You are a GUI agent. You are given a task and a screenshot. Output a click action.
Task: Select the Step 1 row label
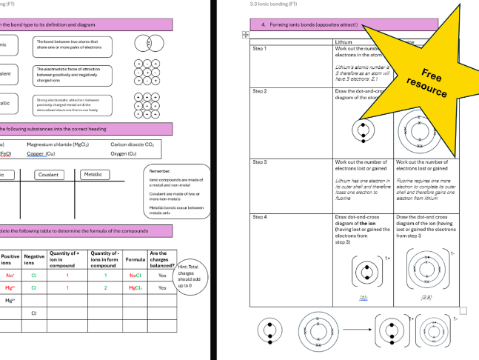[x=259, y=49]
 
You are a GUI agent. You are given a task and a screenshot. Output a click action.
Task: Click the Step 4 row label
[x=259, y=217]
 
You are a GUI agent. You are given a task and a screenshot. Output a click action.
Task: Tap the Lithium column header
[x=344, y=42]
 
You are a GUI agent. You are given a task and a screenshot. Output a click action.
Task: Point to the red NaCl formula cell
[x=135, y=275]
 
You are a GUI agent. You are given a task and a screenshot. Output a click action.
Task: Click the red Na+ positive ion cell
[x=10, y=275]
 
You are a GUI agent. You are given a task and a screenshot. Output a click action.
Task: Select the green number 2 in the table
[x=106, y=287]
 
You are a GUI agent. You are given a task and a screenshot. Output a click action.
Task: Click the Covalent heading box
[x=47, y=175]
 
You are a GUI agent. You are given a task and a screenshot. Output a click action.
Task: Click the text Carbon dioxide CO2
[x=133, y=145]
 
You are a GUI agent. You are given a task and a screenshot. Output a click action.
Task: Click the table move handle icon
[x=245, y=34]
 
